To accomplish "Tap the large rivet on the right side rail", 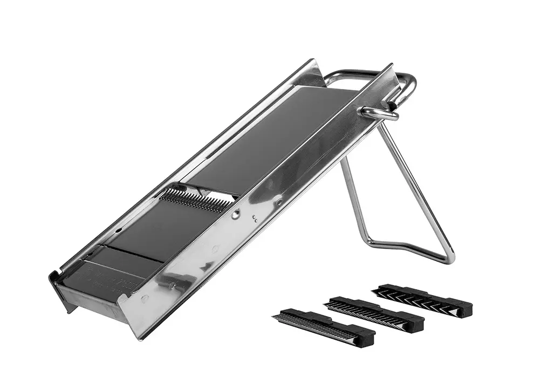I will pyautogui.click(x=236, y=214).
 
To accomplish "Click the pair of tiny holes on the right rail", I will pyautogui.click(x=255, y=218).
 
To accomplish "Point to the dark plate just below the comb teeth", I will pyautogui.click(x=156, y=227).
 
